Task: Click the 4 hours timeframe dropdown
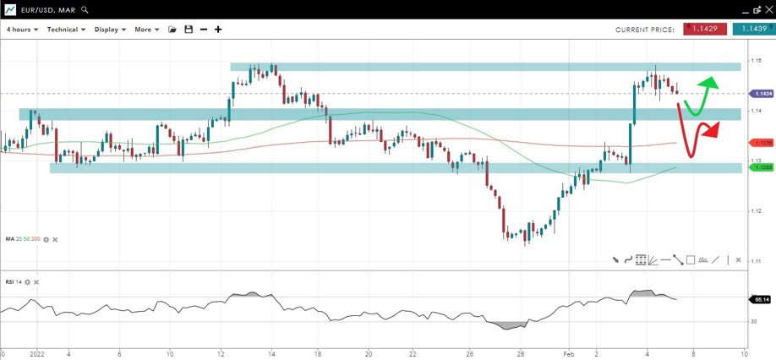pos(24,30)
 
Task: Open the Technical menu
pos(66,30)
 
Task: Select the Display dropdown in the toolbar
pos(110,30)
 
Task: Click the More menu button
pos(146,30)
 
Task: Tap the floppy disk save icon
pos(189,30)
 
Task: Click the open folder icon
pos(172,30)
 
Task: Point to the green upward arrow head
pos(711,82)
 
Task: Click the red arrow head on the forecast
pos(713,128)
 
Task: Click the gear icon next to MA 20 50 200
pos(46,239)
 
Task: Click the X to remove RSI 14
pos(36,281)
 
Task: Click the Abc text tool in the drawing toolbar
pos(703,260)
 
